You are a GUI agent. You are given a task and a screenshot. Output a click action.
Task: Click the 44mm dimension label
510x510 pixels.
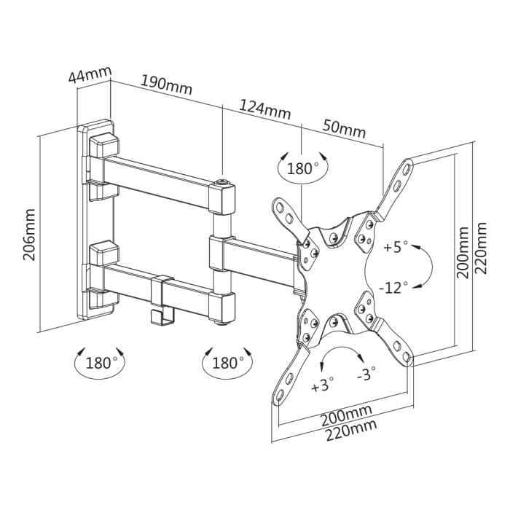90,74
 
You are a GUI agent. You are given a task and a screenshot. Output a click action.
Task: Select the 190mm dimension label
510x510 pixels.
166,85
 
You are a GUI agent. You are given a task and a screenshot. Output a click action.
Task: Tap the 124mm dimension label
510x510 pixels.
264,109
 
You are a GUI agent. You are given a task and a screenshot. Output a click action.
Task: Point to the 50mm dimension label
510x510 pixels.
344,129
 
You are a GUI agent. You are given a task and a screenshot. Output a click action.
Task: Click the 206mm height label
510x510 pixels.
29,234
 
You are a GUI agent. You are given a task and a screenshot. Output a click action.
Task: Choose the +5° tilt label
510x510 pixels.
396,247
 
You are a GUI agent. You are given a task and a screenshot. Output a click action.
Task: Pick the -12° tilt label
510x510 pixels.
393,288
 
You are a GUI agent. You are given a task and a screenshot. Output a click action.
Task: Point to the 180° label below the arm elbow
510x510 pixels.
225,363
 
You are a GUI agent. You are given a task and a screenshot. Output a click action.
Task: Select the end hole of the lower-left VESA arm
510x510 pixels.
279,394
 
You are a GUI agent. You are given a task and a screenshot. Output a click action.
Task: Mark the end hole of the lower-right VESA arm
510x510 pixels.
407,357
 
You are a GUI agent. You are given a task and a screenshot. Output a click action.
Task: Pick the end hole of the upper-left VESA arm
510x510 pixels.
279,206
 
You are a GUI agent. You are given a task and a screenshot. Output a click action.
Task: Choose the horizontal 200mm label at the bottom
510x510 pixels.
346,415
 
